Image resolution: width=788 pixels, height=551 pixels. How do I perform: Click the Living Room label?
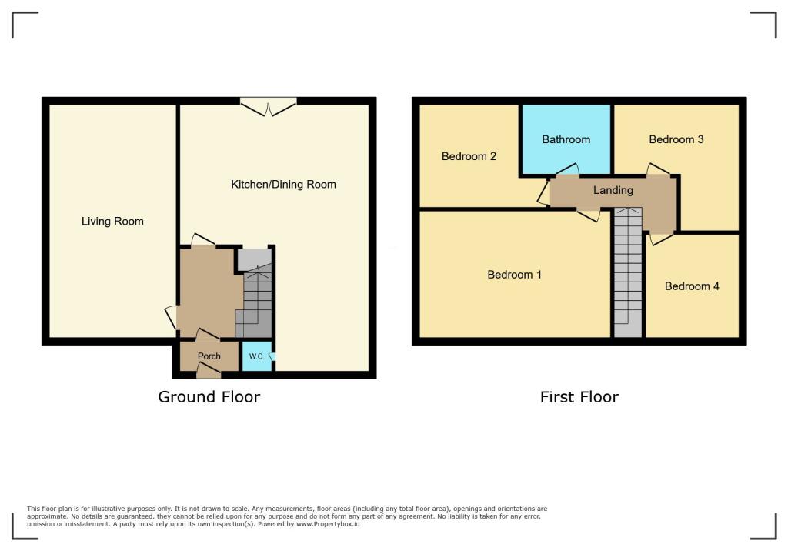[x=112, y=222]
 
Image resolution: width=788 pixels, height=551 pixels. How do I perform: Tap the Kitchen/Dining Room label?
[x=283, y=185]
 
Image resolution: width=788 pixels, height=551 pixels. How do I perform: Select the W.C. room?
[x=256, y=357]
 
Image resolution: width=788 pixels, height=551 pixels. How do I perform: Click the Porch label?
[x=209, y=356]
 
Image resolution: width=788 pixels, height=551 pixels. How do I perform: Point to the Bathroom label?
[x=566, y=139]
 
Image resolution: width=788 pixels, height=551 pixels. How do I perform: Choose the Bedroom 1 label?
[x=515, y=275]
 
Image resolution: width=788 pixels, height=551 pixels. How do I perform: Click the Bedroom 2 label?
[x=469, y=156]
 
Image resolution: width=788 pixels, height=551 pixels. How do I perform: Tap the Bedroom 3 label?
[x=676, y=139]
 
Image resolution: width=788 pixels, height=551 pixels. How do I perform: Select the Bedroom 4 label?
[x=692, y=286]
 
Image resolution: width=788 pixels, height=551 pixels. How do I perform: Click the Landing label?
[x=613, y=190]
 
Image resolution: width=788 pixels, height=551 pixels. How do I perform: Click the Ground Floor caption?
[x=209, y=397]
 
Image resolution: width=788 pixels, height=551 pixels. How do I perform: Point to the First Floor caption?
[x=579, y=397]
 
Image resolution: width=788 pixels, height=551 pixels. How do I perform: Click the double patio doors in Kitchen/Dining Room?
[x=268, y=106]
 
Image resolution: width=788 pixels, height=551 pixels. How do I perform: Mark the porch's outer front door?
[x=208, y=371]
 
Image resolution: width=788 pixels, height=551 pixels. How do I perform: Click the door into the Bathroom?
[x=567, y=170]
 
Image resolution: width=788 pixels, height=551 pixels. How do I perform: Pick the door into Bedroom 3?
[x=657, y=170]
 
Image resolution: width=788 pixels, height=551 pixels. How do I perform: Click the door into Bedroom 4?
[x=659, y=238]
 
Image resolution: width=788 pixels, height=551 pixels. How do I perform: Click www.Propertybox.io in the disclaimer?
[x=327, y=524]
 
